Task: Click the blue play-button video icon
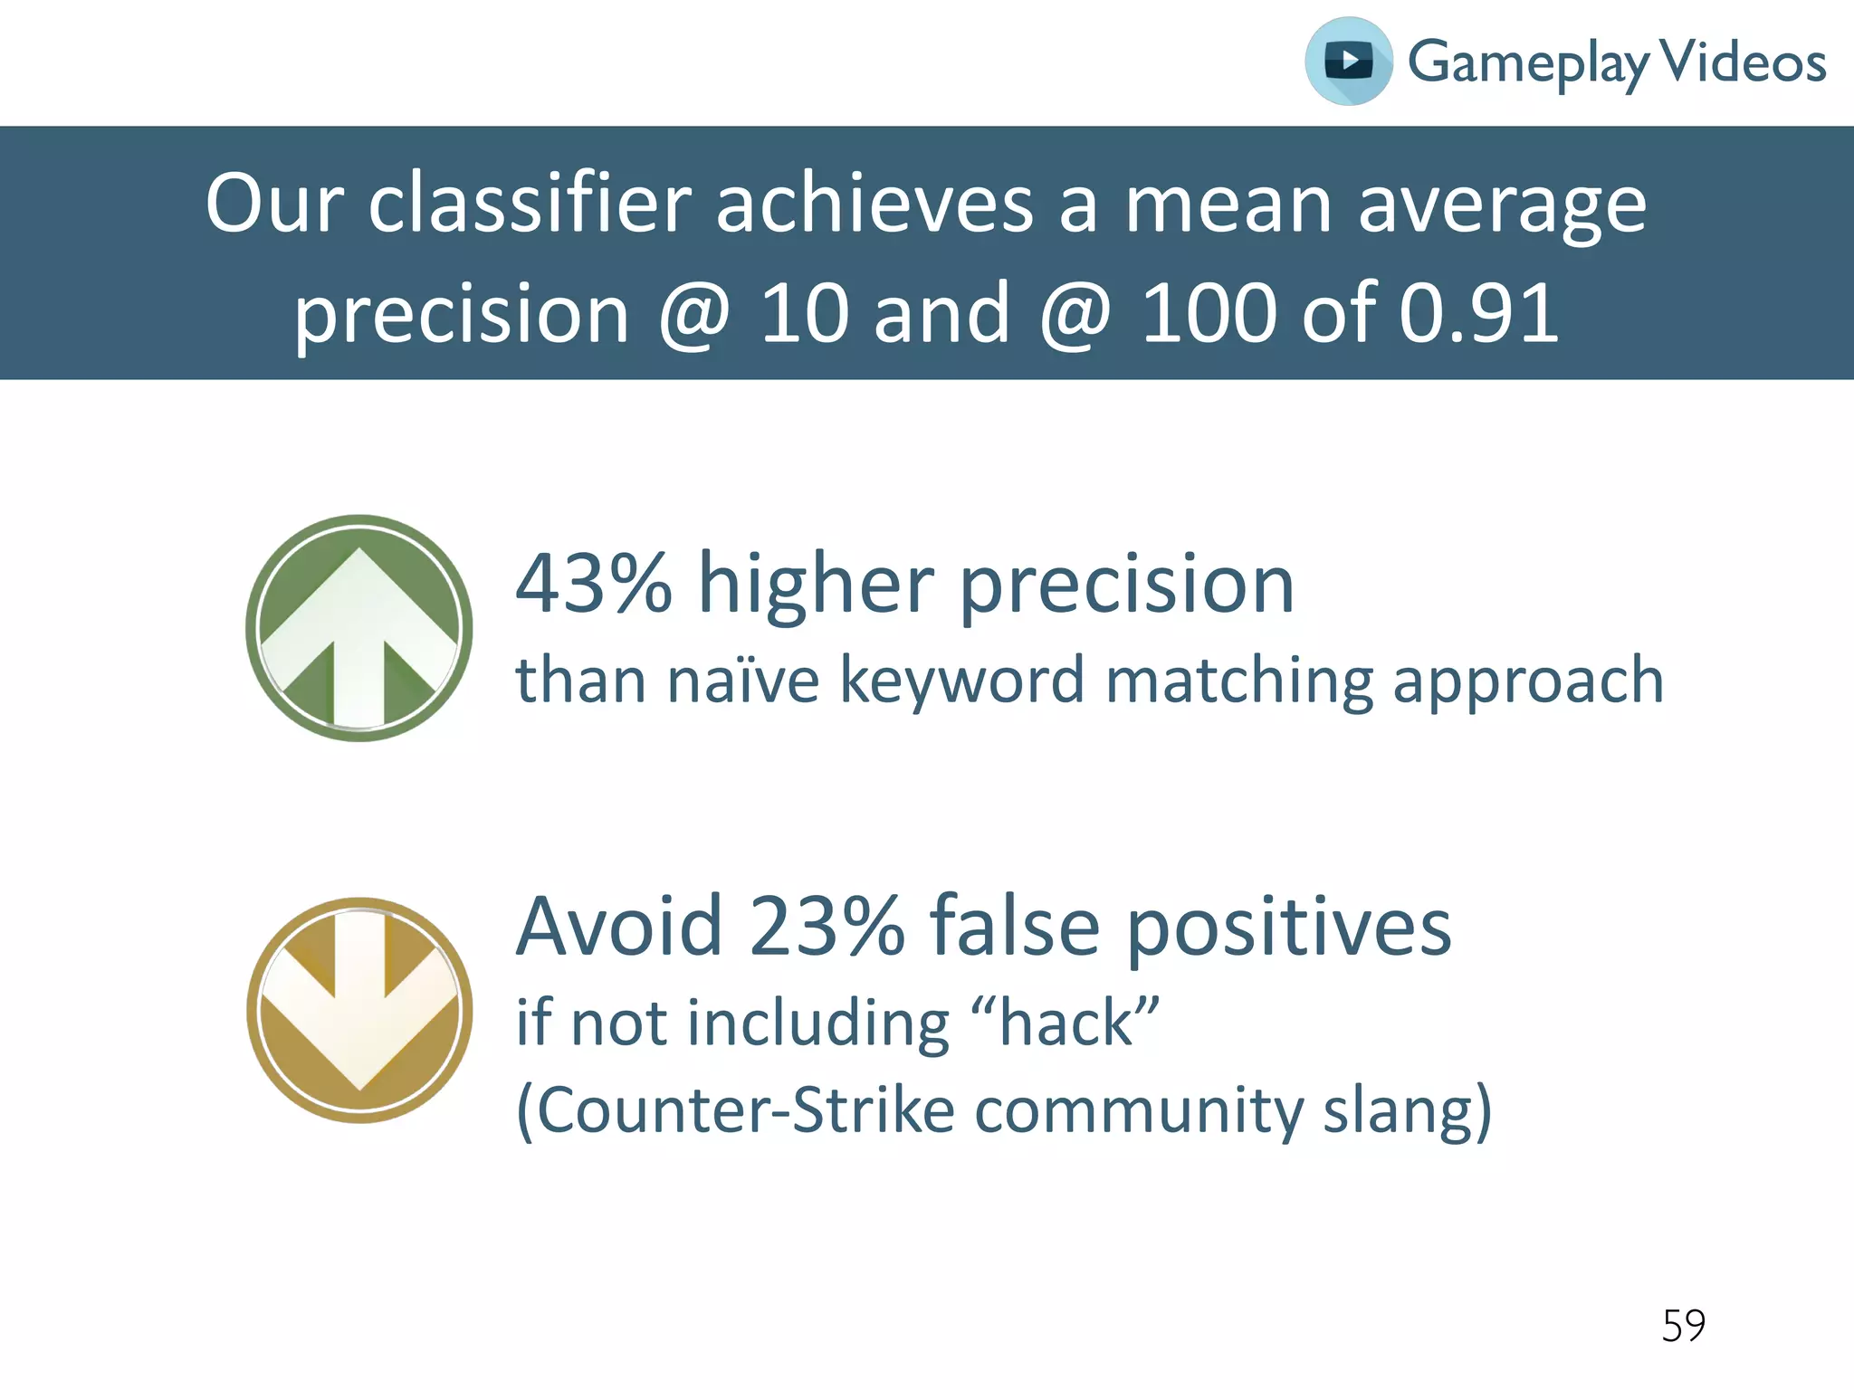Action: [x=1348, y=62]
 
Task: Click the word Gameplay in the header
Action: [x=1527, y=63]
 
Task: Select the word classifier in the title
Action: [x=530, y=204]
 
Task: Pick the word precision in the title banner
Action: [x=462, y=316]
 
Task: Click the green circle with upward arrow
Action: [x=359, y=628]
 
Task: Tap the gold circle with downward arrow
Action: [x=359, y=1010]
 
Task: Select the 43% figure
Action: [x=594, y=584]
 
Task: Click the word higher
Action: [x=816, y=586]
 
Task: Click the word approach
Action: [x=1527, y=682]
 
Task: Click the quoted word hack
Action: [x=1066, y=1023]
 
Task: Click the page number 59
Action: [x=1683, y=1326]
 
